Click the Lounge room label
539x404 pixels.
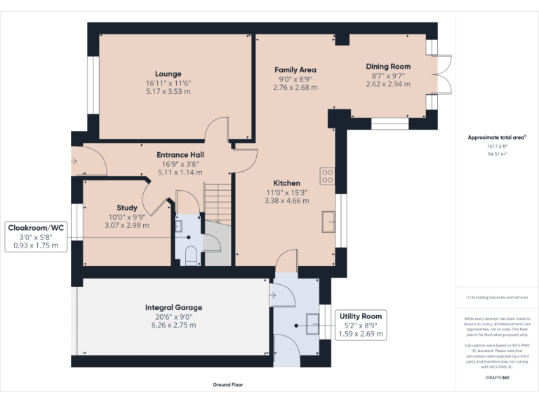pos(168,74)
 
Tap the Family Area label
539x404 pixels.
pos(295,69)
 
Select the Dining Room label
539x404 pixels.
pos(388,67)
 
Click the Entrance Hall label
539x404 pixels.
pos(180,155)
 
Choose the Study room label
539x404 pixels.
pos(127,208)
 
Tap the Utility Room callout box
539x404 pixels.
pos(361,325)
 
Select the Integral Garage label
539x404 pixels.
pos(173,308)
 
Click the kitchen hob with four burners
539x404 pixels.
pos(327,176)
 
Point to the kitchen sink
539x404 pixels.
pos(327,221)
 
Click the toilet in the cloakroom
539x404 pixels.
pos(190,255)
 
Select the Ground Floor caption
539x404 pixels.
pos(228,385)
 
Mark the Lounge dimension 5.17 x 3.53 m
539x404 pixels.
pos(168,90)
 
